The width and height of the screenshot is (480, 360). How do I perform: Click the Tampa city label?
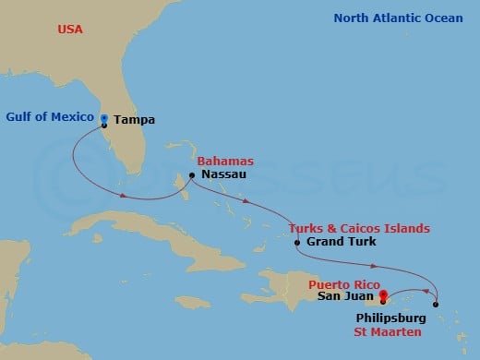(136, 121)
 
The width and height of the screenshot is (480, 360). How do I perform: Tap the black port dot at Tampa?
(104, 125)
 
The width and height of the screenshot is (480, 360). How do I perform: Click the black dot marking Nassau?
(191, 175)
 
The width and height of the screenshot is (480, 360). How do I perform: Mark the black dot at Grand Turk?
(296, 243)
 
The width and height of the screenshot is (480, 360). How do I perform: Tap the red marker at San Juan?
(382, 295)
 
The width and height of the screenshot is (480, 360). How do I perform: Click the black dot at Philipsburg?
(436, 305)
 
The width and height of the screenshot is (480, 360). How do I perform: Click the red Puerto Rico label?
(343, 284)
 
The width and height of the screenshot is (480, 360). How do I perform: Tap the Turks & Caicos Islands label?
(345, 228)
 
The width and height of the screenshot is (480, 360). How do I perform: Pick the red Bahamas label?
(225, 161)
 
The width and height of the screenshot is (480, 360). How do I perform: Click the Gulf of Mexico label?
(51, 116)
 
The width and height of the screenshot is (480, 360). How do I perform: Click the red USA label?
(69, 30)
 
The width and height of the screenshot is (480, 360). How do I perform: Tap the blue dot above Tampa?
(104, 117)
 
